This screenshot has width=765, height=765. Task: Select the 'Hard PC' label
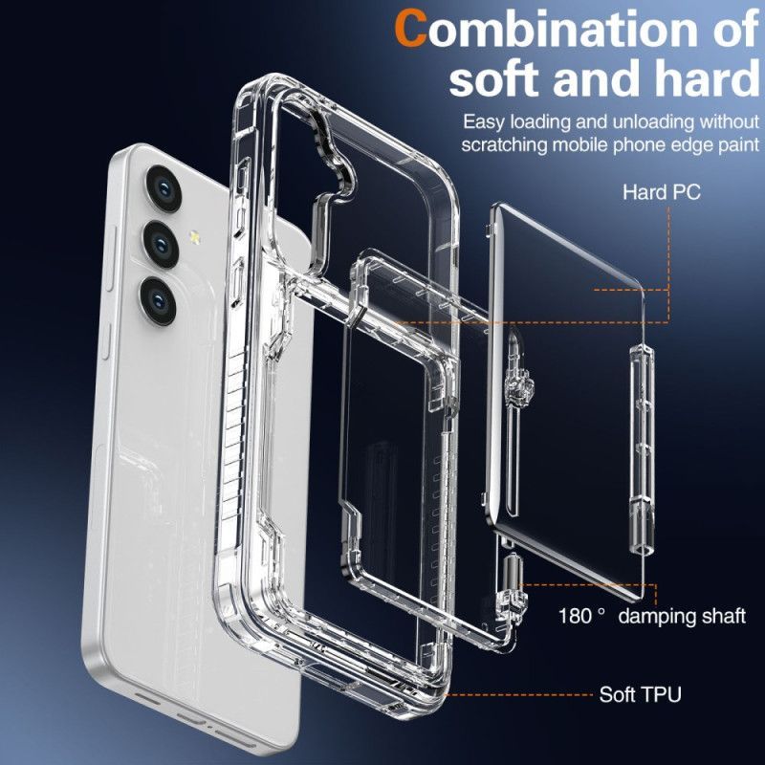(661, 191)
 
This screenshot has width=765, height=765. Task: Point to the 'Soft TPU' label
(640, 694)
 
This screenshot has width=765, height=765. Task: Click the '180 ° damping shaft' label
(652, 615)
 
